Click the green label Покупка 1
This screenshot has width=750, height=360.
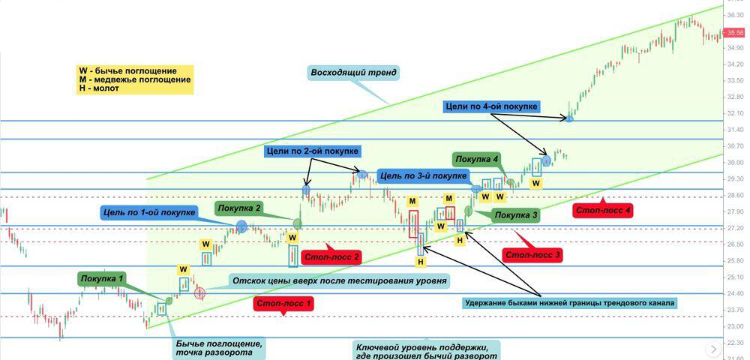point(102,280)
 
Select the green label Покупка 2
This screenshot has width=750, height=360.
point(238,208)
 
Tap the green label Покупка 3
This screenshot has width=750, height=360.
point(517,215)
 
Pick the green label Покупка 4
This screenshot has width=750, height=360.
point(476,159)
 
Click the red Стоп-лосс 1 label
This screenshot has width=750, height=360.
point(283,304)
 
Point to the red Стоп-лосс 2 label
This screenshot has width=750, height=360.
point(331,257)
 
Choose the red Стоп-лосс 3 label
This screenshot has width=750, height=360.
point(533,255)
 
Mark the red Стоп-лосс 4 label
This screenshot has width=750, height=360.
point(601,210)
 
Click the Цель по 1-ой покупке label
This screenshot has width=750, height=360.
point(148,212)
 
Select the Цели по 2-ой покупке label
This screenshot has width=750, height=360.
point(312,151)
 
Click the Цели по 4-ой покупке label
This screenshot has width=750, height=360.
point(490,108)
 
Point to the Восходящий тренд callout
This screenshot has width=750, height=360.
point(354,73)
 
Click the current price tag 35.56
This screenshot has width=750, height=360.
point(735,33)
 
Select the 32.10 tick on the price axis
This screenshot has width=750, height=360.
point(735,113)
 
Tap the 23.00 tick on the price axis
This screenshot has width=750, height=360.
point(735,326)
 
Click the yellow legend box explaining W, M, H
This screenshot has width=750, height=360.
point(134,79)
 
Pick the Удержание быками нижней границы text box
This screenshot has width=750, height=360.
point(570,302)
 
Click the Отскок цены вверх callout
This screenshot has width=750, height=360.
point(340,280)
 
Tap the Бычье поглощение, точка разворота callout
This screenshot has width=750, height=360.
point(219,348)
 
